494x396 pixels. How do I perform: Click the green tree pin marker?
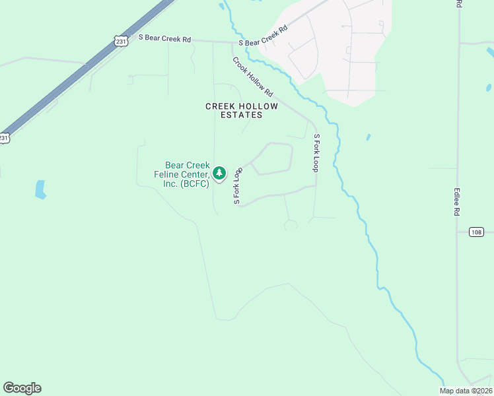pyautogui.click(x=220, y=174)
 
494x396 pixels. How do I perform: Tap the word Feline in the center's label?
pyautogui.click(x=186, y=174)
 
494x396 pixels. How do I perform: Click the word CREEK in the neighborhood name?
pyautogui.click(x=221, y=106)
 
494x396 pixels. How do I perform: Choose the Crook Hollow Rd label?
pyautogui.click(x=252, y=77)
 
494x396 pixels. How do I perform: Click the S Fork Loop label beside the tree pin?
pyautogui.click(x=237, y=185)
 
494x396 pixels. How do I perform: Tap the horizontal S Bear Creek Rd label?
pyautogui.click(x=164, y=39)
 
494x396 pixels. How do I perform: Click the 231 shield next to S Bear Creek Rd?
pyautogui.click(x=120, y=41)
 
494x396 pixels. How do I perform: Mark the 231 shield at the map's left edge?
pyautogui.click(x=4, y=138)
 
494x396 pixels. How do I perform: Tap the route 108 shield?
pyautogui.click(x=477, y=232)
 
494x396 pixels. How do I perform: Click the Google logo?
pyautogui.click(x=22, y=388)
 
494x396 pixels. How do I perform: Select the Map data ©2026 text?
pyautogui.click(x=466, y=391)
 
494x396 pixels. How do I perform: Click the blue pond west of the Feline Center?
pyautogui.click(x=40, y=189)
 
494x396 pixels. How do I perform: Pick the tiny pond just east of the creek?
pyautogui.click(x=368, y=137)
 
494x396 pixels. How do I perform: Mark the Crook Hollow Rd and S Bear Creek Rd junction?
pyautogui.click(x=232, y=43)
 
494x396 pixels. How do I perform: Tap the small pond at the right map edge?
pyautogui.click(x=489, y=88)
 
